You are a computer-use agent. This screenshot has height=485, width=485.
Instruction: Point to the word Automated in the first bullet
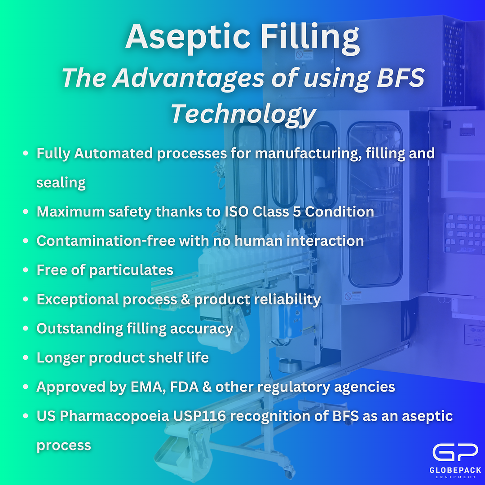click(114, 153)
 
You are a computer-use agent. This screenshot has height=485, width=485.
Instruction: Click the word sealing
click(61, 182)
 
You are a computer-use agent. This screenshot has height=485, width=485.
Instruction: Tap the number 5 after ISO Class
click(297, 212)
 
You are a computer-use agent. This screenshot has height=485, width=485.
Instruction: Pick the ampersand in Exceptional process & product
click(185, 299)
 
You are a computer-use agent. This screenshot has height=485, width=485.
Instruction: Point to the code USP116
click(208, 416)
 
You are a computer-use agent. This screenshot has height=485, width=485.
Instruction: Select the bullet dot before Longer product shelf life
click(26, 358)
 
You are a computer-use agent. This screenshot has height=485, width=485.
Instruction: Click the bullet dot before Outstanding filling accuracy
click(26, 329)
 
